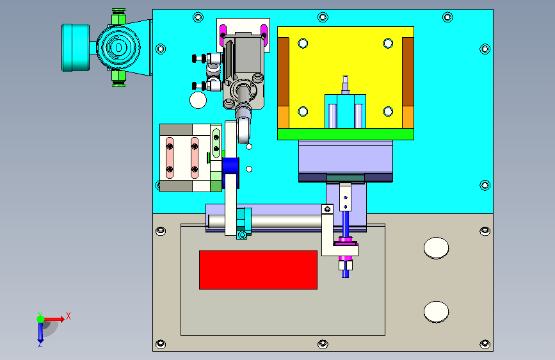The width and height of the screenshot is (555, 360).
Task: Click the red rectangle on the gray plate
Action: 258,270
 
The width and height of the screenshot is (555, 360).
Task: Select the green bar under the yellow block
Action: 346,134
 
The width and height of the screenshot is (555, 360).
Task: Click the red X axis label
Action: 68,316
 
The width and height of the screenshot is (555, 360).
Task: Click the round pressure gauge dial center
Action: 118,47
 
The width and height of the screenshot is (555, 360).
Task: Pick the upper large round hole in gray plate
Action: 436,248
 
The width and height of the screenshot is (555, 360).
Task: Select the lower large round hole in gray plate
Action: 436,311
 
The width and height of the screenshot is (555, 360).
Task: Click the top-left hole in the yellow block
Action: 303,43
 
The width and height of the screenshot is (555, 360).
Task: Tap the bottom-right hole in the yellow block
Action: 388,111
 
